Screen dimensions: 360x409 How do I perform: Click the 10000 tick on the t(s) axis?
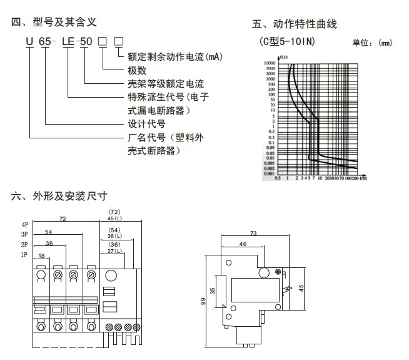[268, 63]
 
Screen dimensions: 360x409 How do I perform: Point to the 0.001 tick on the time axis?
[269, 173]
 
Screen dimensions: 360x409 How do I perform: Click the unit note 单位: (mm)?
[372, 43]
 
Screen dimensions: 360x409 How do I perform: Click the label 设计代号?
[146, 123]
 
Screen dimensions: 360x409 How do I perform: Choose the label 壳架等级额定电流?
[165, 83]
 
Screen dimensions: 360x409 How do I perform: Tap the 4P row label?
[24, 224]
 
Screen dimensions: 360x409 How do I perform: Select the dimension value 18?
[42, 256]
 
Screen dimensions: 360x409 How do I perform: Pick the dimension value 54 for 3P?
[48, 233]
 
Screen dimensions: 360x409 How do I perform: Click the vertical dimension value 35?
[213, 291]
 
